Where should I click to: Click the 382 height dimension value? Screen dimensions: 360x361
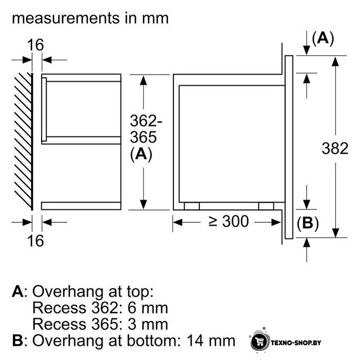pos(335,148)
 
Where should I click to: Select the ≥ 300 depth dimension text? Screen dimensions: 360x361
pos(229,222)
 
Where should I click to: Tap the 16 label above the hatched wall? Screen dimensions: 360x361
pos(35,45)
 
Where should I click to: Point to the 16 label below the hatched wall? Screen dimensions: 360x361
pos(35,241)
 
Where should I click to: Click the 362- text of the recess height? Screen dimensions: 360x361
pos(146,121)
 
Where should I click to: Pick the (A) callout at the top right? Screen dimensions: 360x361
pos(323,38)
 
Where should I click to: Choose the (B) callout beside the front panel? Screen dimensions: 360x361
pos(308,223)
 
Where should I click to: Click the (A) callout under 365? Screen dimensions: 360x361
pos(141,154)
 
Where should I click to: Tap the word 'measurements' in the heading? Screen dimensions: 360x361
pos(66,19)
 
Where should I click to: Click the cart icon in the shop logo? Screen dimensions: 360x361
pos(260,342)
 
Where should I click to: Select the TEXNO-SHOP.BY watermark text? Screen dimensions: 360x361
pos(296,343)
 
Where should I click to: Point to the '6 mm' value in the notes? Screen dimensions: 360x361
pos(148,308)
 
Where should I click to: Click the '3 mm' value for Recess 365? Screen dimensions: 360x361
pos(148,324)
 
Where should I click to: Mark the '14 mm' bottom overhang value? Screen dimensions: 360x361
pos(211,341)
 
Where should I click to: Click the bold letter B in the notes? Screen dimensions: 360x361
pos(17,341)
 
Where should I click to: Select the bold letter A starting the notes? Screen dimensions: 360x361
pos(17,292)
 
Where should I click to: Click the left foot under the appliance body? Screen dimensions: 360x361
pos(192,206)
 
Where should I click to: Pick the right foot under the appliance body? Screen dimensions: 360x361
pos(266,206)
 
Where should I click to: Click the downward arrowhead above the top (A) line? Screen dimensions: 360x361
pos(306,50)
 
